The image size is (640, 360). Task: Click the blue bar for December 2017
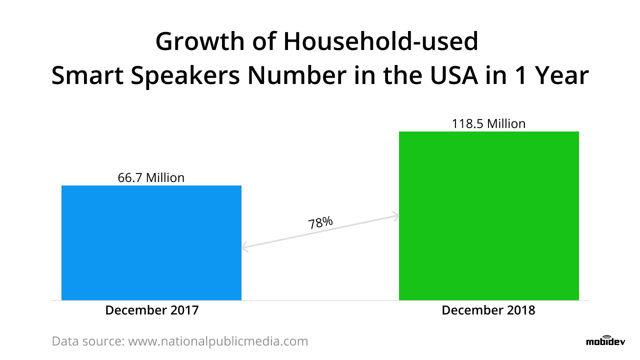(x=151, y=242)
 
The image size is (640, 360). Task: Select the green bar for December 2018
(x=488, y=215)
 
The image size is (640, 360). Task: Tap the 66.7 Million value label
(x=151, y=177)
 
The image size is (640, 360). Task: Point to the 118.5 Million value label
(x=488, y=123)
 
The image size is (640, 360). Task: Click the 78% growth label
(x=320, y=222)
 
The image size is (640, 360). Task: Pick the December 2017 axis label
(x=151, y=310)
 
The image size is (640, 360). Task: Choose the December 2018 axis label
(x=488, y=310)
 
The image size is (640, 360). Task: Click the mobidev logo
(x=602, y=341)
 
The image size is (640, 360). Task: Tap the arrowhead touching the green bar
(x=395, y=216)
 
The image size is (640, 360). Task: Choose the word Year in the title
(x=560, y=76)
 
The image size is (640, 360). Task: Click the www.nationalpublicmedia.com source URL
(x=218, y=341)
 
